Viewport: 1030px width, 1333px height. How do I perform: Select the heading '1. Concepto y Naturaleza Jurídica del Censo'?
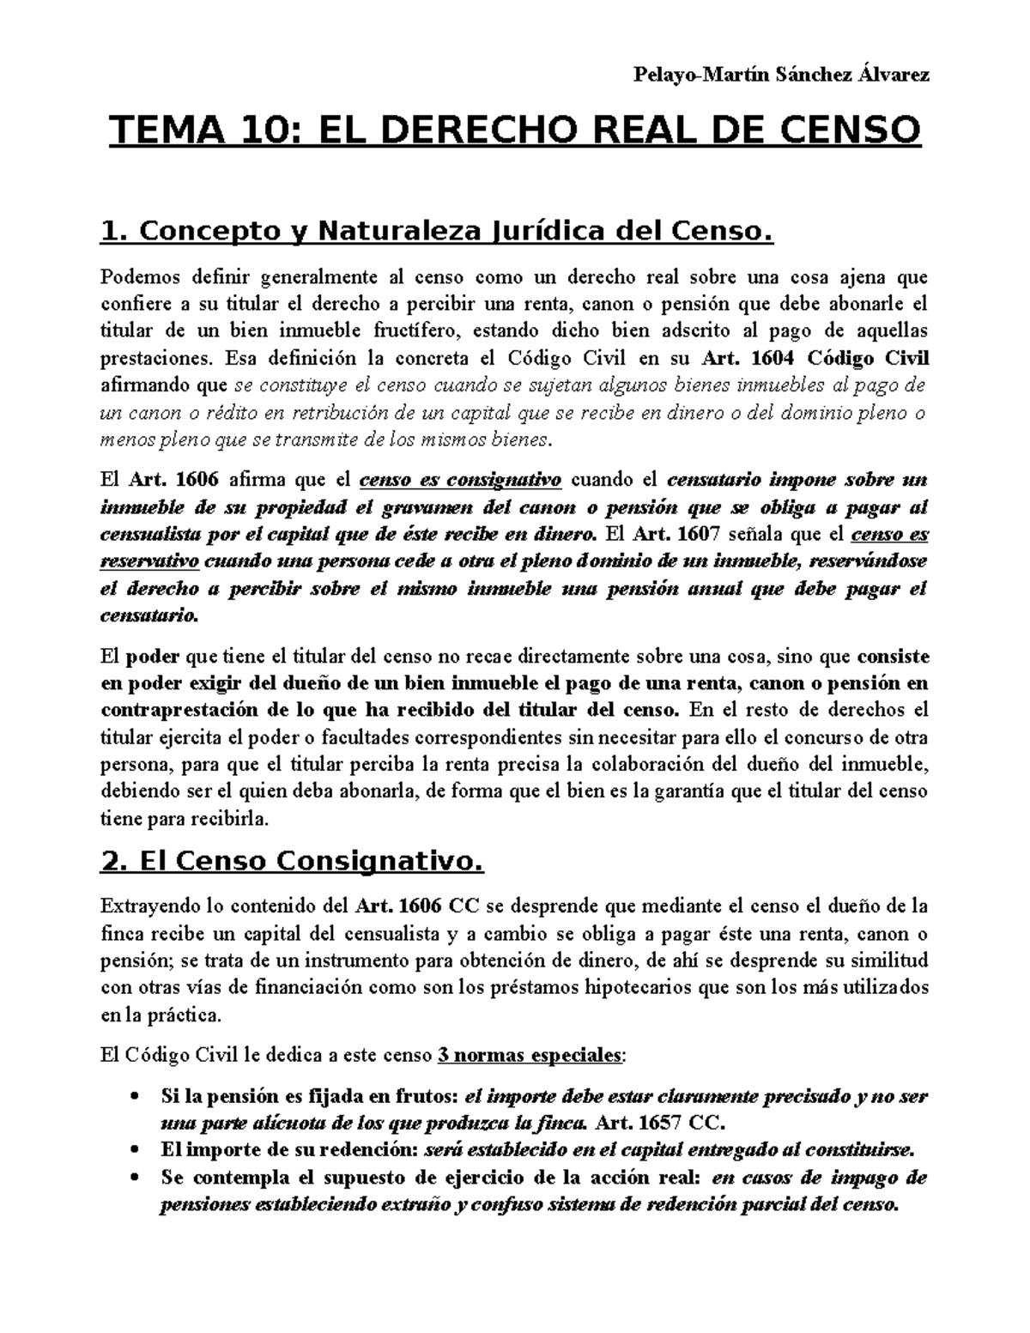coord(437,231)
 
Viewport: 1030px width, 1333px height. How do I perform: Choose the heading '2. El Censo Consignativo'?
coord(292,861)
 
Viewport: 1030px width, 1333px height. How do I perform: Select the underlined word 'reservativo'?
coord(150,561)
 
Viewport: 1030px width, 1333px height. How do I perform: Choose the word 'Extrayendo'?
coord(141,906)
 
